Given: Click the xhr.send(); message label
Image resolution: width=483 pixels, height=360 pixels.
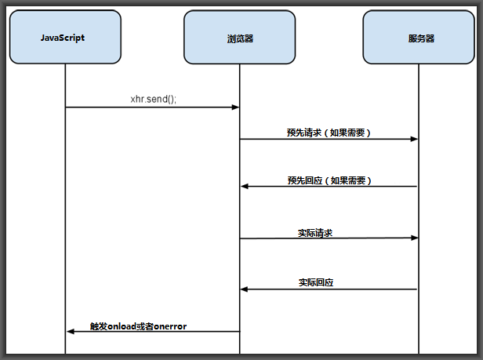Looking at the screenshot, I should (153, 100).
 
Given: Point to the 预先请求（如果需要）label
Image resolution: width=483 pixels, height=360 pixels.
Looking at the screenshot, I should (329, 133).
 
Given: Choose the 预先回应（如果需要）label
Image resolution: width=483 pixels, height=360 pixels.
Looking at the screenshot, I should (329, 180).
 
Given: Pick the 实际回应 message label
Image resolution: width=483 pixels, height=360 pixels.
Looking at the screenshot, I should (316, 282).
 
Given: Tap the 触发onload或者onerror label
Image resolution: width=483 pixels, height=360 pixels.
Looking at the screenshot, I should (138, 325).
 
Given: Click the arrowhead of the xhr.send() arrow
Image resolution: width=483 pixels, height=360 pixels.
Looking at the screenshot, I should (235, 107).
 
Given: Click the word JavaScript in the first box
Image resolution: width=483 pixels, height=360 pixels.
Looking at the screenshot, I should (63, 38).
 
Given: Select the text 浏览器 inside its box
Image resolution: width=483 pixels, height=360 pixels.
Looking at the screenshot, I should (239, 38).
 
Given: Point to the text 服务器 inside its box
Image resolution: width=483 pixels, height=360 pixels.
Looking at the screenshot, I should (421, 38).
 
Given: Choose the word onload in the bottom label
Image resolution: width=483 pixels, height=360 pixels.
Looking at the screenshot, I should (121, 325).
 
